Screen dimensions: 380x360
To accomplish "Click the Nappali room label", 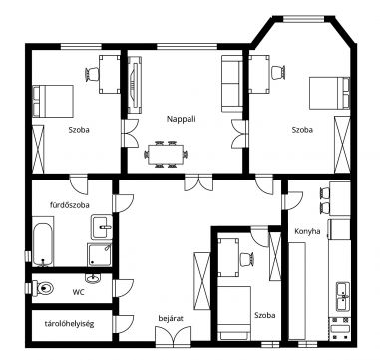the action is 182,119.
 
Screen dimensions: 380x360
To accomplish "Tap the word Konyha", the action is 307,231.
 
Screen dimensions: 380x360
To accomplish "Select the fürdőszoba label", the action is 70,205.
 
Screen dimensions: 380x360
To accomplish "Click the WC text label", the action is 78,292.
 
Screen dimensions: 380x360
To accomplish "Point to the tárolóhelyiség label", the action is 70,323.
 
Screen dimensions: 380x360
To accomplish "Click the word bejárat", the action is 171,318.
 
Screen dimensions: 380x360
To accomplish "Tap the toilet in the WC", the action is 43,288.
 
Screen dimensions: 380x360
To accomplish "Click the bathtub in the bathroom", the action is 43,243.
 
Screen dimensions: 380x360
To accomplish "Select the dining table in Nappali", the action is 166,154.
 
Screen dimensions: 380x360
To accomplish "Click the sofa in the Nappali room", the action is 232,84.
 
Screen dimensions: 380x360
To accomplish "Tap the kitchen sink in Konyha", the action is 343,296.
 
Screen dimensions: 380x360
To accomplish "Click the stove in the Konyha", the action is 340,328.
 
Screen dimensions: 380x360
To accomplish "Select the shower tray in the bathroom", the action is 99,254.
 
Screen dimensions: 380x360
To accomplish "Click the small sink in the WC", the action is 92,278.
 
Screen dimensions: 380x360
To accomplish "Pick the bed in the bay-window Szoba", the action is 330,93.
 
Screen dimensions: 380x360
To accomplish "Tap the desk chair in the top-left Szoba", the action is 92,74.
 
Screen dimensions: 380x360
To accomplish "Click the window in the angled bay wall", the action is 303,19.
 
